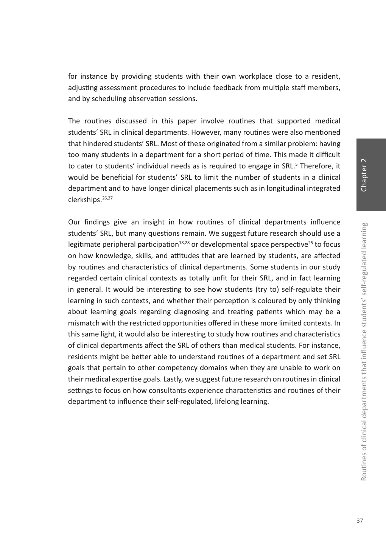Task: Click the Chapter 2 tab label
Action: pyautogui.click(x=364, y=175)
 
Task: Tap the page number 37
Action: pyautogui.click(x=360, y=521)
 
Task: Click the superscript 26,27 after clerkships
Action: pyautogui.click(x=107, y=198)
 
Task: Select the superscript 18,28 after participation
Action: pyautogui.click(x=184, y=243)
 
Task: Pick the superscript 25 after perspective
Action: pyautogui.click(x=310, y=243)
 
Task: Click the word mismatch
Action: pyautogui.click(x=84, y=323)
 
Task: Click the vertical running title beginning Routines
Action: pyautogui.click(x=364, y=352)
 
